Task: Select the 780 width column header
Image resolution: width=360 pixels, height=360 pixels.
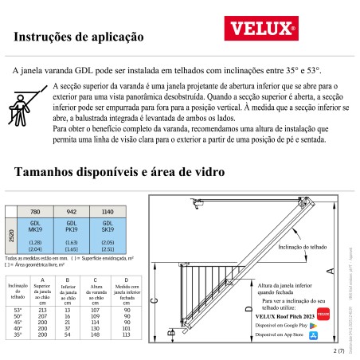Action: (x=36, y=213)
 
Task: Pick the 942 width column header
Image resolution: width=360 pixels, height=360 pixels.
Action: (x=72, y=213)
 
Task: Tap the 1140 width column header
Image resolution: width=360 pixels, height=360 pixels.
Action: (x=108, y=213)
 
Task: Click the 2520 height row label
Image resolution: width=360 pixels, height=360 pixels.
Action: (x=10, y=237)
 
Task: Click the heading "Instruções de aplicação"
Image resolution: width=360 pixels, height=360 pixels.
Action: (x=79, y=36)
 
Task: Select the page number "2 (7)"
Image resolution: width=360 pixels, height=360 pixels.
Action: (x=340, y=350)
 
